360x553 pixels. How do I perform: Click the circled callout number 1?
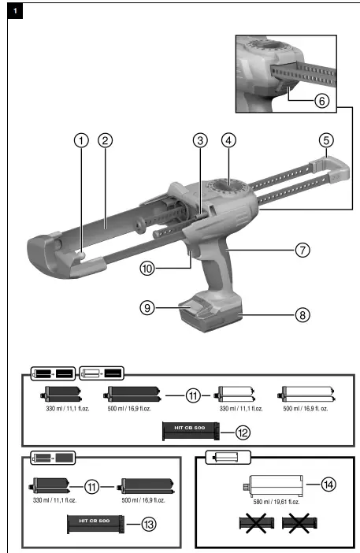pos(80,141)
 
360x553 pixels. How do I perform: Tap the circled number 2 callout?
pos(105,141)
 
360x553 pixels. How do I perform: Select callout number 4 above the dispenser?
pos(228,141)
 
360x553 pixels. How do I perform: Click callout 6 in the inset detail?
pos(321,101)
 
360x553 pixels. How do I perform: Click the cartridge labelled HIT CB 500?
pos(189,432)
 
